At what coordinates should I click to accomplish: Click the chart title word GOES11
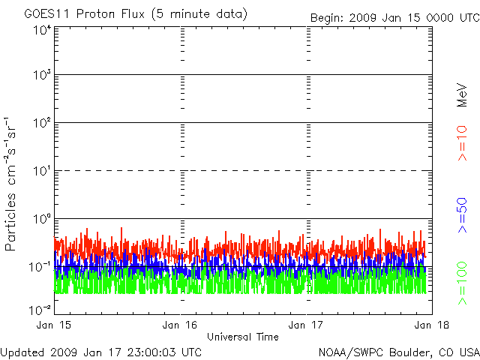(x=43, y=14)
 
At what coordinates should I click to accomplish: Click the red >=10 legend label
(x=462, y=143)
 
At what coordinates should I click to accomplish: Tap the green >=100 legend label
(x=462, y=283)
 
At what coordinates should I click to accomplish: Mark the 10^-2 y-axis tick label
(x=40, y=309)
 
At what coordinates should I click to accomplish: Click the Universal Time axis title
(x=243, y=337)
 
